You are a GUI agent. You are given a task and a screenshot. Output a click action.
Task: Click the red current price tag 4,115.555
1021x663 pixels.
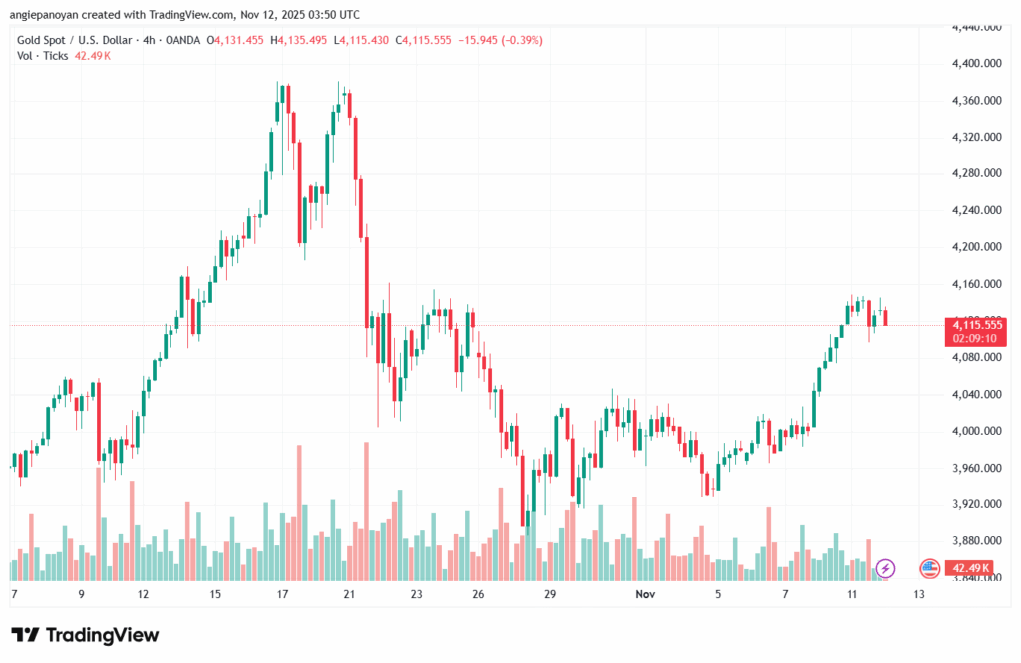coord(977,325)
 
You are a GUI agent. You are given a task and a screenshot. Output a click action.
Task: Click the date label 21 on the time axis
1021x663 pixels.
coord(349,594)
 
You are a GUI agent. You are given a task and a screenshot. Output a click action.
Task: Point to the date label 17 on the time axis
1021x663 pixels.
coord(282,594)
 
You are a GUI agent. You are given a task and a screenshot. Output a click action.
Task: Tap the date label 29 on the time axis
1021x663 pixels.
coord(549,594)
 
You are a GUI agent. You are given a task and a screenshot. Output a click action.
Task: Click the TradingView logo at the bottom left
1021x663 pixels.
coord(85,635)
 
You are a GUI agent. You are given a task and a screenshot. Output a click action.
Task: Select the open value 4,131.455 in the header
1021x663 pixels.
coord(239,40)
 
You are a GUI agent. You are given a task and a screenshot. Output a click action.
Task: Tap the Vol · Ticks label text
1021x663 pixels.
coord(43,56)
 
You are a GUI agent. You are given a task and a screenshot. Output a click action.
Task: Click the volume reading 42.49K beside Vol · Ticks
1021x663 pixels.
coord(92,56)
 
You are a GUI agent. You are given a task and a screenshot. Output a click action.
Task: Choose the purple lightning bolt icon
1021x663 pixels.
coord(886,568)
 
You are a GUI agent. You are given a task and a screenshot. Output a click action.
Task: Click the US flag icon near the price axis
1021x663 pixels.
coord(929,568)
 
